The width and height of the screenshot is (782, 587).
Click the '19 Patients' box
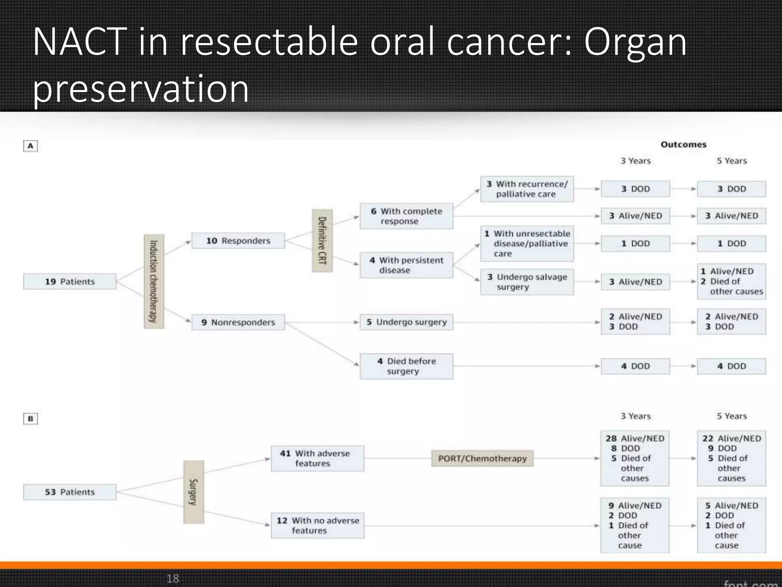70,281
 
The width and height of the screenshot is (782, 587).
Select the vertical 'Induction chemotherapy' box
154,282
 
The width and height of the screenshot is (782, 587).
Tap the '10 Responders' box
238,241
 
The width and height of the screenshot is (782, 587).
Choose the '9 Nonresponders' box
238,322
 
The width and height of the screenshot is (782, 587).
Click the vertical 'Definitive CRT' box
322,241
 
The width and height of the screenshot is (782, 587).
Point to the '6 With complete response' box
406,216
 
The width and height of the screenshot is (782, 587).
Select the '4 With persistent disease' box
406,265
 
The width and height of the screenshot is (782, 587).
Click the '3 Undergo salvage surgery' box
527,282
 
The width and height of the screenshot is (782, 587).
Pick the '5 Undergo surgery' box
406,322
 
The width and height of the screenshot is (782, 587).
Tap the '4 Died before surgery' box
406,366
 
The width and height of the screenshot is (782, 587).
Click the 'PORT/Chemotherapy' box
482,458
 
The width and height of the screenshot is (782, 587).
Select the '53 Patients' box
70,492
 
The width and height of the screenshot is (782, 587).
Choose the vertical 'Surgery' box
194,492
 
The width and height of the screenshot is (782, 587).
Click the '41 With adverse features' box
317,458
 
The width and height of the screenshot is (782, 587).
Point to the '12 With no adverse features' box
317,525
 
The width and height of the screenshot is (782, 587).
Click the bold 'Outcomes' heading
683,144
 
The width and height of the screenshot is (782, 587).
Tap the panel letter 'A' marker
31,146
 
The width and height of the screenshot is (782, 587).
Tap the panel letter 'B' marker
31,418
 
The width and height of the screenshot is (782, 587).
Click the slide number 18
173,578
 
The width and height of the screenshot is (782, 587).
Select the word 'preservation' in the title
141,89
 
